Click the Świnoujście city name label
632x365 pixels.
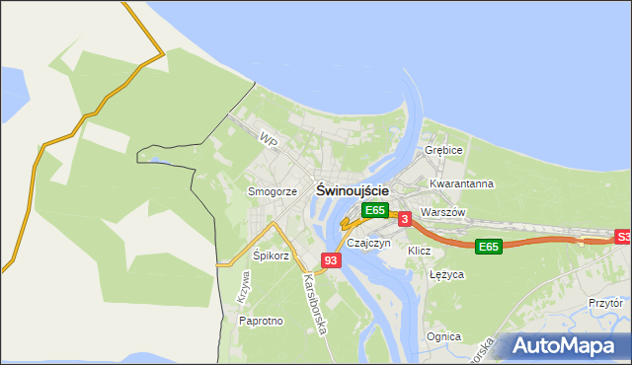[353, 189]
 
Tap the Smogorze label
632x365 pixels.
[272, 191]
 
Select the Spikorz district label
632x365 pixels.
[271, 255]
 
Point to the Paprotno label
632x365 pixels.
[262, 321]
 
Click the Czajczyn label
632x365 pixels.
[369, 243]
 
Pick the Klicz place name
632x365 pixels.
[420, 251]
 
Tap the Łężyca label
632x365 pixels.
[446, 275]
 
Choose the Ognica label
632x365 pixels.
[443, 336]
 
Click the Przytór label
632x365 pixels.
[605, 304]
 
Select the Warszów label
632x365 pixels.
[441, 212]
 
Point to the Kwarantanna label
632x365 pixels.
[461, 183]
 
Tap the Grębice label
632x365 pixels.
[443, 150]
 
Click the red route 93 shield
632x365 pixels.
[331, 260]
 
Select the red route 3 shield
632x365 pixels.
[405, 219]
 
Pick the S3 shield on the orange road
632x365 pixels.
[622, 237]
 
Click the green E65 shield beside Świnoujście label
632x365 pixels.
[374, 210]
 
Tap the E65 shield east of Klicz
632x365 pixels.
[488, 247]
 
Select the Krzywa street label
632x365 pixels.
[244, 286]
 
